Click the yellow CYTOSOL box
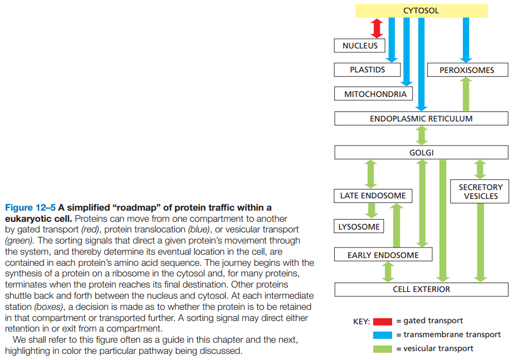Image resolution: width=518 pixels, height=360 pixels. point(421,11)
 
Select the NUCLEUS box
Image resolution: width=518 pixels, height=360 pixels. point(360,46)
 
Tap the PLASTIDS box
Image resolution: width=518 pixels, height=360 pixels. point(367,70)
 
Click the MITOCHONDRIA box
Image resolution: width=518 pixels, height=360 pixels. point(375,94)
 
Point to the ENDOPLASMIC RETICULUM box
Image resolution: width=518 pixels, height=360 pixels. point(421,119)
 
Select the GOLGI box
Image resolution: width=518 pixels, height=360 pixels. point(421,153)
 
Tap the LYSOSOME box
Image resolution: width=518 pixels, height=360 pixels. point(359,227)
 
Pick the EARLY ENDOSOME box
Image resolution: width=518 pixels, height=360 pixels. point(383,255)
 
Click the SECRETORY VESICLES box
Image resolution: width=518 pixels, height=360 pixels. point(480,192)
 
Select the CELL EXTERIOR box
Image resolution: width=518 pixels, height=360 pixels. point(421,289)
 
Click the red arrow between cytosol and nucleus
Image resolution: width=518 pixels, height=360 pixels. point(377,28)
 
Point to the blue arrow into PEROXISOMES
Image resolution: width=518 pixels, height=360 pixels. point(466,39)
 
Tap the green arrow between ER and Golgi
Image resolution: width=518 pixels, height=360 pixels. point(422,135)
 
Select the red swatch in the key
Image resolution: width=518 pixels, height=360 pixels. point(383,321)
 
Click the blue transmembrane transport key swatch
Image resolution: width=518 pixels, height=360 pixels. point(383,335)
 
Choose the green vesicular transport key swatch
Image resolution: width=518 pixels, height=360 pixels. point(383,349)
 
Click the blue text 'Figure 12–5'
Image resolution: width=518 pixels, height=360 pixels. point(30,208)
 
